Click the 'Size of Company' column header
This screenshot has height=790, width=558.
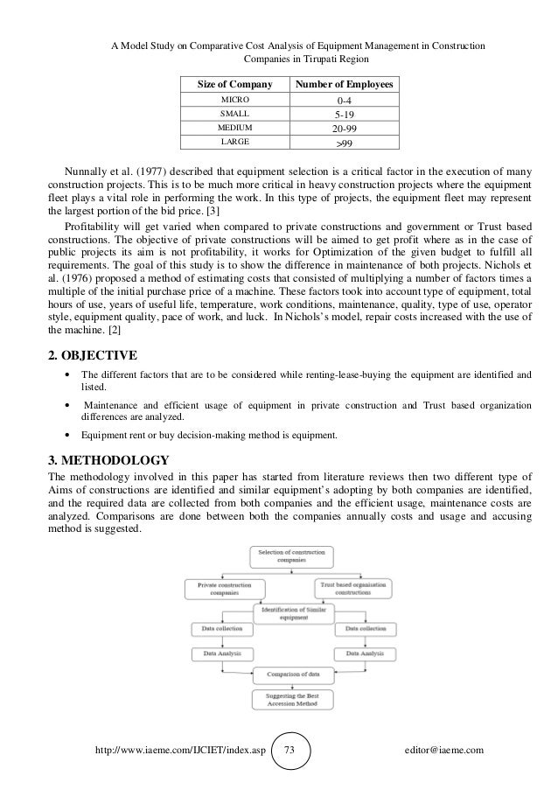pos(234,85)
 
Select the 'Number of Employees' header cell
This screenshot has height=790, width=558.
pos(345,85)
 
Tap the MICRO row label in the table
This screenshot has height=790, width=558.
pos(234,101)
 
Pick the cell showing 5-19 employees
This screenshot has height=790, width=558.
pos(345,114)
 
